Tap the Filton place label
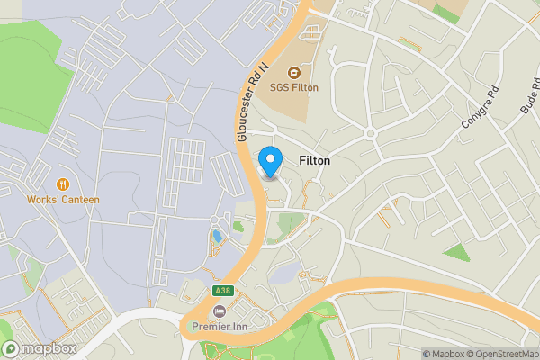pos(313,161)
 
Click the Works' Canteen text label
pos(63,199)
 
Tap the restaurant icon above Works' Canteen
pos(63,184)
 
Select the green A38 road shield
pos(222,291)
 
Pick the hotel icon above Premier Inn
pos(220,310)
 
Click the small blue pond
pos(217,237)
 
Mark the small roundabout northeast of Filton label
pos(369,135)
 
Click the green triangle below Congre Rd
pos(457,252)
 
